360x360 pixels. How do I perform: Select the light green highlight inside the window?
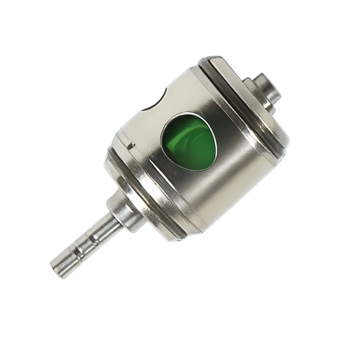coord(201,134)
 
